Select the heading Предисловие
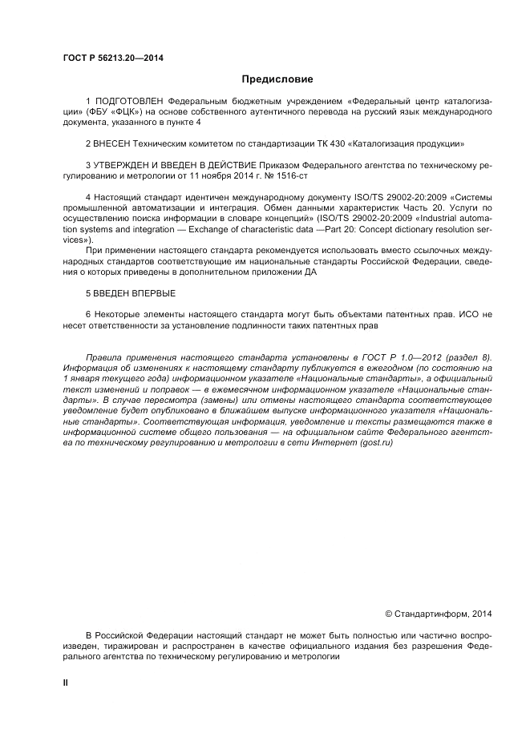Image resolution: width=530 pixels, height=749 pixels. (x=277, y=79)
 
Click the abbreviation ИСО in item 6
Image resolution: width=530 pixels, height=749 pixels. (x=467, y=316)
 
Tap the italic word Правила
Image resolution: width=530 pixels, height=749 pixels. (x=103, y=356)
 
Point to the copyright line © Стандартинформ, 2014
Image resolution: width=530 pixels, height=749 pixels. (x=438, y=614)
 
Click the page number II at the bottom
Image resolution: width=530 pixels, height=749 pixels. (x=66, y=682)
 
